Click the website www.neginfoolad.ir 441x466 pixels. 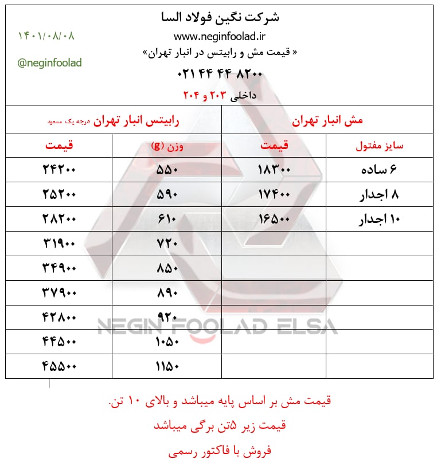pos(220,37)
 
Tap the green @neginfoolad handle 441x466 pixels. pos(50,62)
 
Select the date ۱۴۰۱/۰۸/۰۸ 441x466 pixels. pos(46,36)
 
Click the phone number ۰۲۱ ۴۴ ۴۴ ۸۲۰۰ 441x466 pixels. pos(221,73)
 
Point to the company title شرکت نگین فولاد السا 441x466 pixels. pos(221,17)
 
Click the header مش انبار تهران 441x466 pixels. pos(327,121)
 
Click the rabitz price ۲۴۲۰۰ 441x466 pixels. pos(59,170)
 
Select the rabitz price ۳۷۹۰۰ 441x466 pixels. pos(59,292)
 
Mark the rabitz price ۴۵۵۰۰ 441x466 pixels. pos(59,365)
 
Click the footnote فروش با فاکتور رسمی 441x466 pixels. pos(220,451)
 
